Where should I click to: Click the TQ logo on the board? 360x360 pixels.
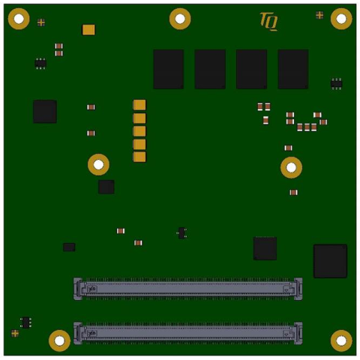(268, 22)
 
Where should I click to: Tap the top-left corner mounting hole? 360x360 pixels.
(19, 19)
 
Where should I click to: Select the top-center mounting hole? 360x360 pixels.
(180, 19)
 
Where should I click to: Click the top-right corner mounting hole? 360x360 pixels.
(341, 19)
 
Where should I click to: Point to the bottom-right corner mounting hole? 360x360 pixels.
(341, 340)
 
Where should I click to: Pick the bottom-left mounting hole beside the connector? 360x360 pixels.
(59, 340)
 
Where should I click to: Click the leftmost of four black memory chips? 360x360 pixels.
(169, 69)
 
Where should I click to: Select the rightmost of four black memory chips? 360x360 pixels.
(293, 69)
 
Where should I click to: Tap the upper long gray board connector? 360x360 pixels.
(188, 289)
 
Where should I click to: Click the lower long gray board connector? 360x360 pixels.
(188, 333)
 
